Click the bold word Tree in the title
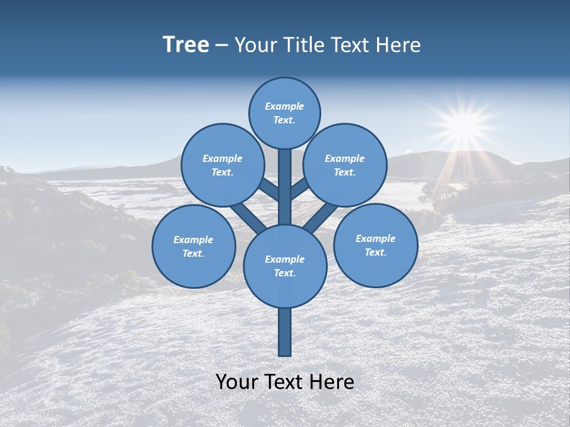(186, 45)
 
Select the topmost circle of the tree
(284, 113)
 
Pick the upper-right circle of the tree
(345, 165)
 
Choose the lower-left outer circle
(194, 247)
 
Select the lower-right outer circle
(375, 246)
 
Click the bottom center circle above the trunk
(285, 266)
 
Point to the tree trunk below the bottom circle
(285, 332)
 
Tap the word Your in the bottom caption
(237, 382)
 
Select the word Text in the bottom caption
(284, 382)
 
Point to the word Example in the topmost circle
(284, 107)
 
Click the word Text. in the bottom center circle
(285, 273)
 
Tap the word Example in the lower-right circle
(375, 239)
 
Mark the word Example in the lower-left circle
(194, 240)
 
